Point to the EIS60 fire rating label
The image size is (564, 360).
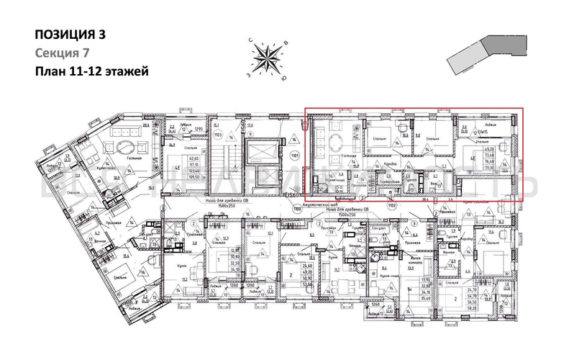click(x=290, y=194)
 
